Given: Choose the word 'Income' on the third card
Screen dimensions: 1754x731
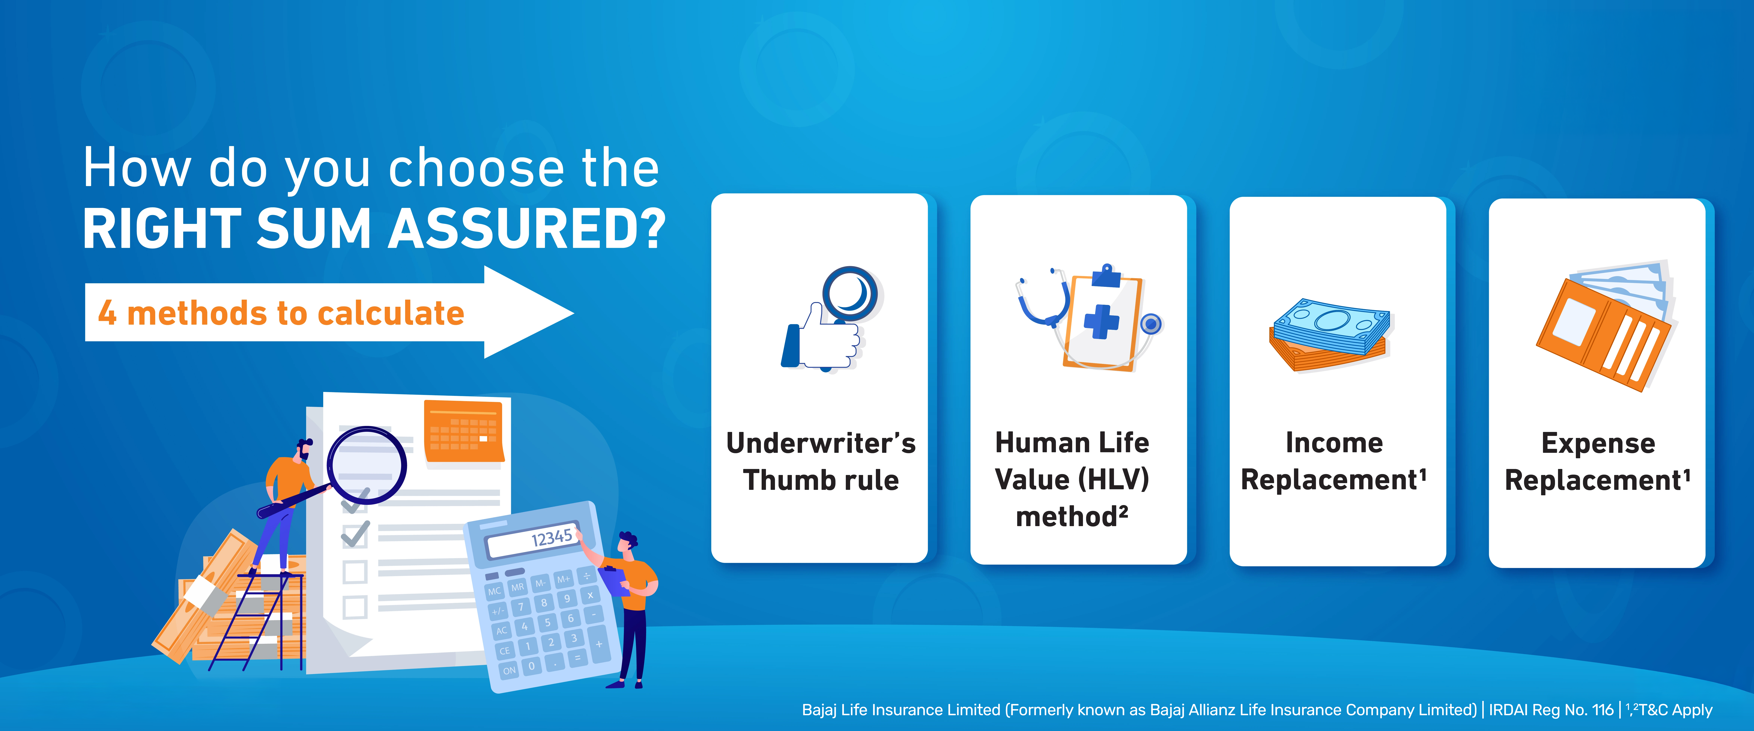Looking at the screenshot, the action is coord(1334,443).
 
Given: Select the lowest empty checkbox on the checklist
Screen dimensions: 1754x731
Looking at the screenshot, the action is coord(355,606).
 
